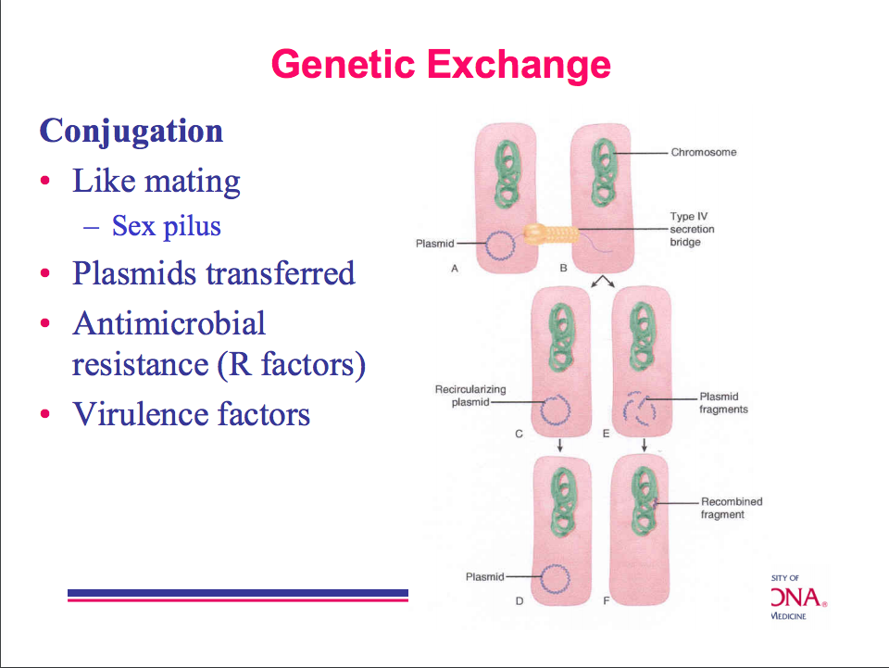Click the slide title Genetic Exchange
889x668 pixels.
(x=441, y=65)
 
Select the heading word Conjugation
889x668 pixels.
(x=131, y=131)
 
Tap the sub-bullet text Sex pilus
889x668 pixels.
(x=167, y=225)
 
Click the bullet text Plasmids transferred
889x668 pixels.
(x=214, y=273)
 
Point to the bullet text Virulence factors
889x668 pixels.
(x=192, y=413)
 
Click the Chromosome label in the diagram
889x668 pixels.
(x=704, y=152)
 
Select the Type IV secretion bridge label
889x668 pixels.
(x=692, y=229)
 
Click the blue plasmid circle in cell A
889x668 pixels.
(x=501, y=246)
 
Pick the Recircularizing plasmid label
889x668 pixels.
(x=470, y=396)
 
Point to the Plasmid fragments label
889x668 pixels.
(x=723, y=403)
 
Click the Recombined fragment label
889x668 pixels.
(x=731, y=508)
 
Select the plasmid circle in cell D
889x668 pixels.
(x=555, y=579)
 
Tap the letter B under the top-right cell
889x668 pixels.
(x=563, y=269)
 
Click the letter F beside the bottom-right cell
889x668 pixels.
(x=607, y=600)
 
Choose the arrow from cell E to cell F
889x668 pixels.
(x=644, y=445)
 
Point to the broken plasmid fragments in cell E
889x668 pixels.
(x=639, y=408)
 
